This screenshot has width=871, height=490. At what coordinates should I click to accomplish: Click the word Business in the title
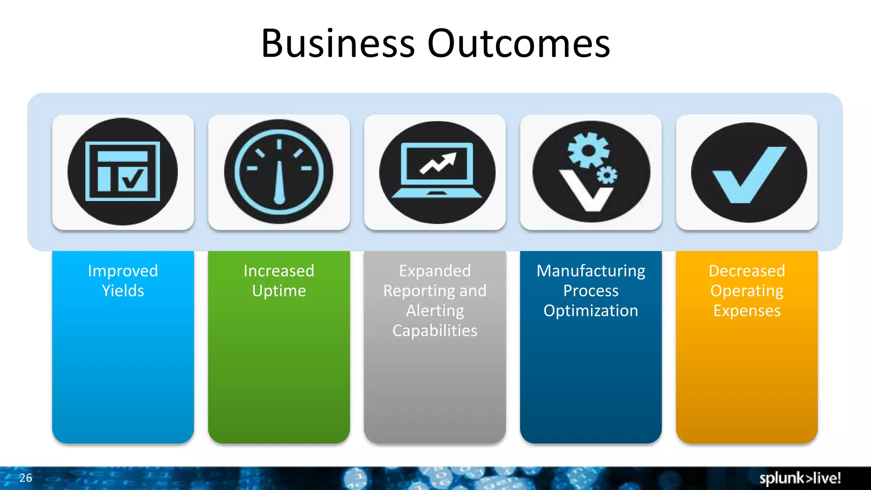338,43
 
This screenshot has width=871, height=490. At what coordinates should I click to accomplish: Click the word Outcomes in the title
518,43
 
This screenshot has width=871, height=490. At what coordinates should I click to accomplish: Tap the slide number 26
26,478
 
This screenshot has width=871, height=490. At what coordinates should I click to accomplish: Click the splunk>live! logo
800,478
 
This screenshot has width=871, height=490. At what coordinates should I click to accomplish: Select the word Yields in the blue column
123,291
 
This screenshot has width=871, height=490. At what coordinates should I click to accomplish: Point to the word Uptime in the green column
279,291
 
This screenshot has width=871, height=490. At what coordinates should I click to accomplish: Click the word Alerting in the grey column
435,311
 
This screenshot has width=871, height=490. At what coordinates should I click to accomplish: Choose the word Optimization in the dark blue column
591,311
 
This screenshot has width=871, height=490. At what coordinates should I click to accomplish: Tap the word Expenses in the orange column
747,311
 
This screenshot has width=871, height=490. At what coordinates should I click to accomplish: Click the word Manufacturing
591,271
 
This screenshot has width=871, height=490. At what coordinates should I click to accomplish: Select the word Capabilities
435,331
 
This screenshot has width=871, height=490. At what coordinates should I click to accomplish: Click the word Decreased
747,271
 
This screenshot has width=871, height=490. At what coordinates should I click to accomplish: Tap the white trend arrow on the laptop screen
438,163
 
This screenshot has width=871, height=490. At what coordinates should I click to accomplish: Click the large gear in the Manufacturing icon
589,150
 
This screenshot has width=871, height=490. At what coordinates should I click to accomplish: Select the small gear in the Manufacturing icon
607,175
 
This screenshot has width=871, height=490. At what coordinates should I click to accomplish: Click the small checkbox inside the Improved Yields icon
133,179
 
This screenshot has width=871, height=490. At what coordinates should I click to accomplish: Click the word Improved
123,271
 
